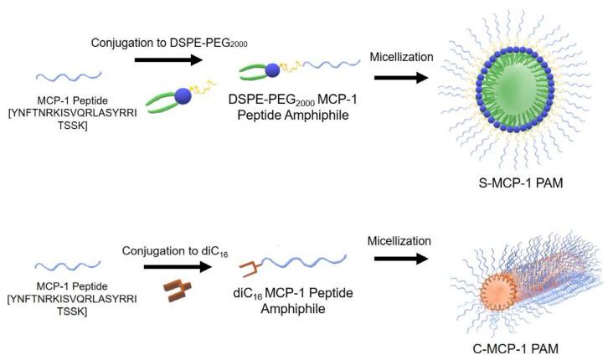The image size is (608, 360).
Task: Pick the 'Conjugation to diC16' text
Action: tap(169, 249)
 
